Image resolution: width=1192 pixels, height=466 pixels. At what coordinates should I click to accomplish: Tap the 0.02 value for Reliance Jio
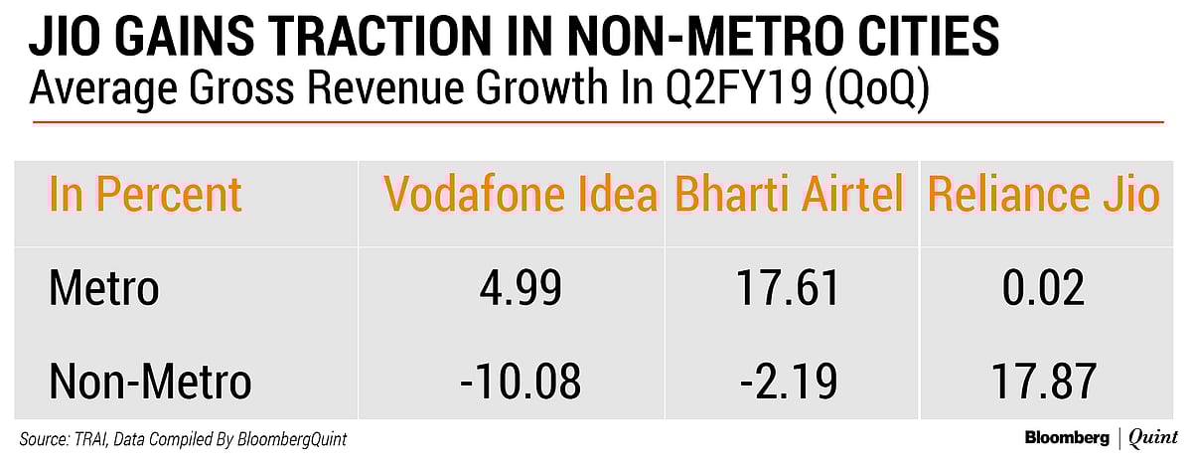tap(1042, 289)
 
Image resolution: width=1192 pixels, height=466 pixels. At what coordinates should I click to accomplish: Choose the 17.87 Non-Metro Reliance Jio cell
tap(1042, 382)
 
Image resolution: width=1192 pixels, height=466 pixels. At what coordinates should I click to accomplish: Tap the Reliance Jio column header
tap(1043, 195)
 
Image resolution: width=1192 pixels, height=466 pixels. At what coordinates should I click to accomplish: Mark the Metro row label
tap(103, 289)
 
